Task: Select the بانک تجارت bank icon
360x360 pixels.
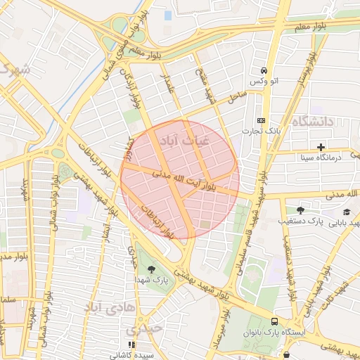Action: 261,120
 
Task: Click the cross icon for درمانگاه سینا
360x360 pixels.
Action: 321,147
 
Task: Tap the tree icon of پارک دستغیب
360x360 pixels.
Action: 301,210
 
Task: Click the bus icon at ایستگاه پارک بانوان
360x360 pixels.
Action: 274,329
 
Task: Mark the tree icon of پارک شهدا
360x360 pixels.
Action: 152,268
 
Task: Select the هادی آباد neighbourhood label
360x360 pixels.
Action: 105,307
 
